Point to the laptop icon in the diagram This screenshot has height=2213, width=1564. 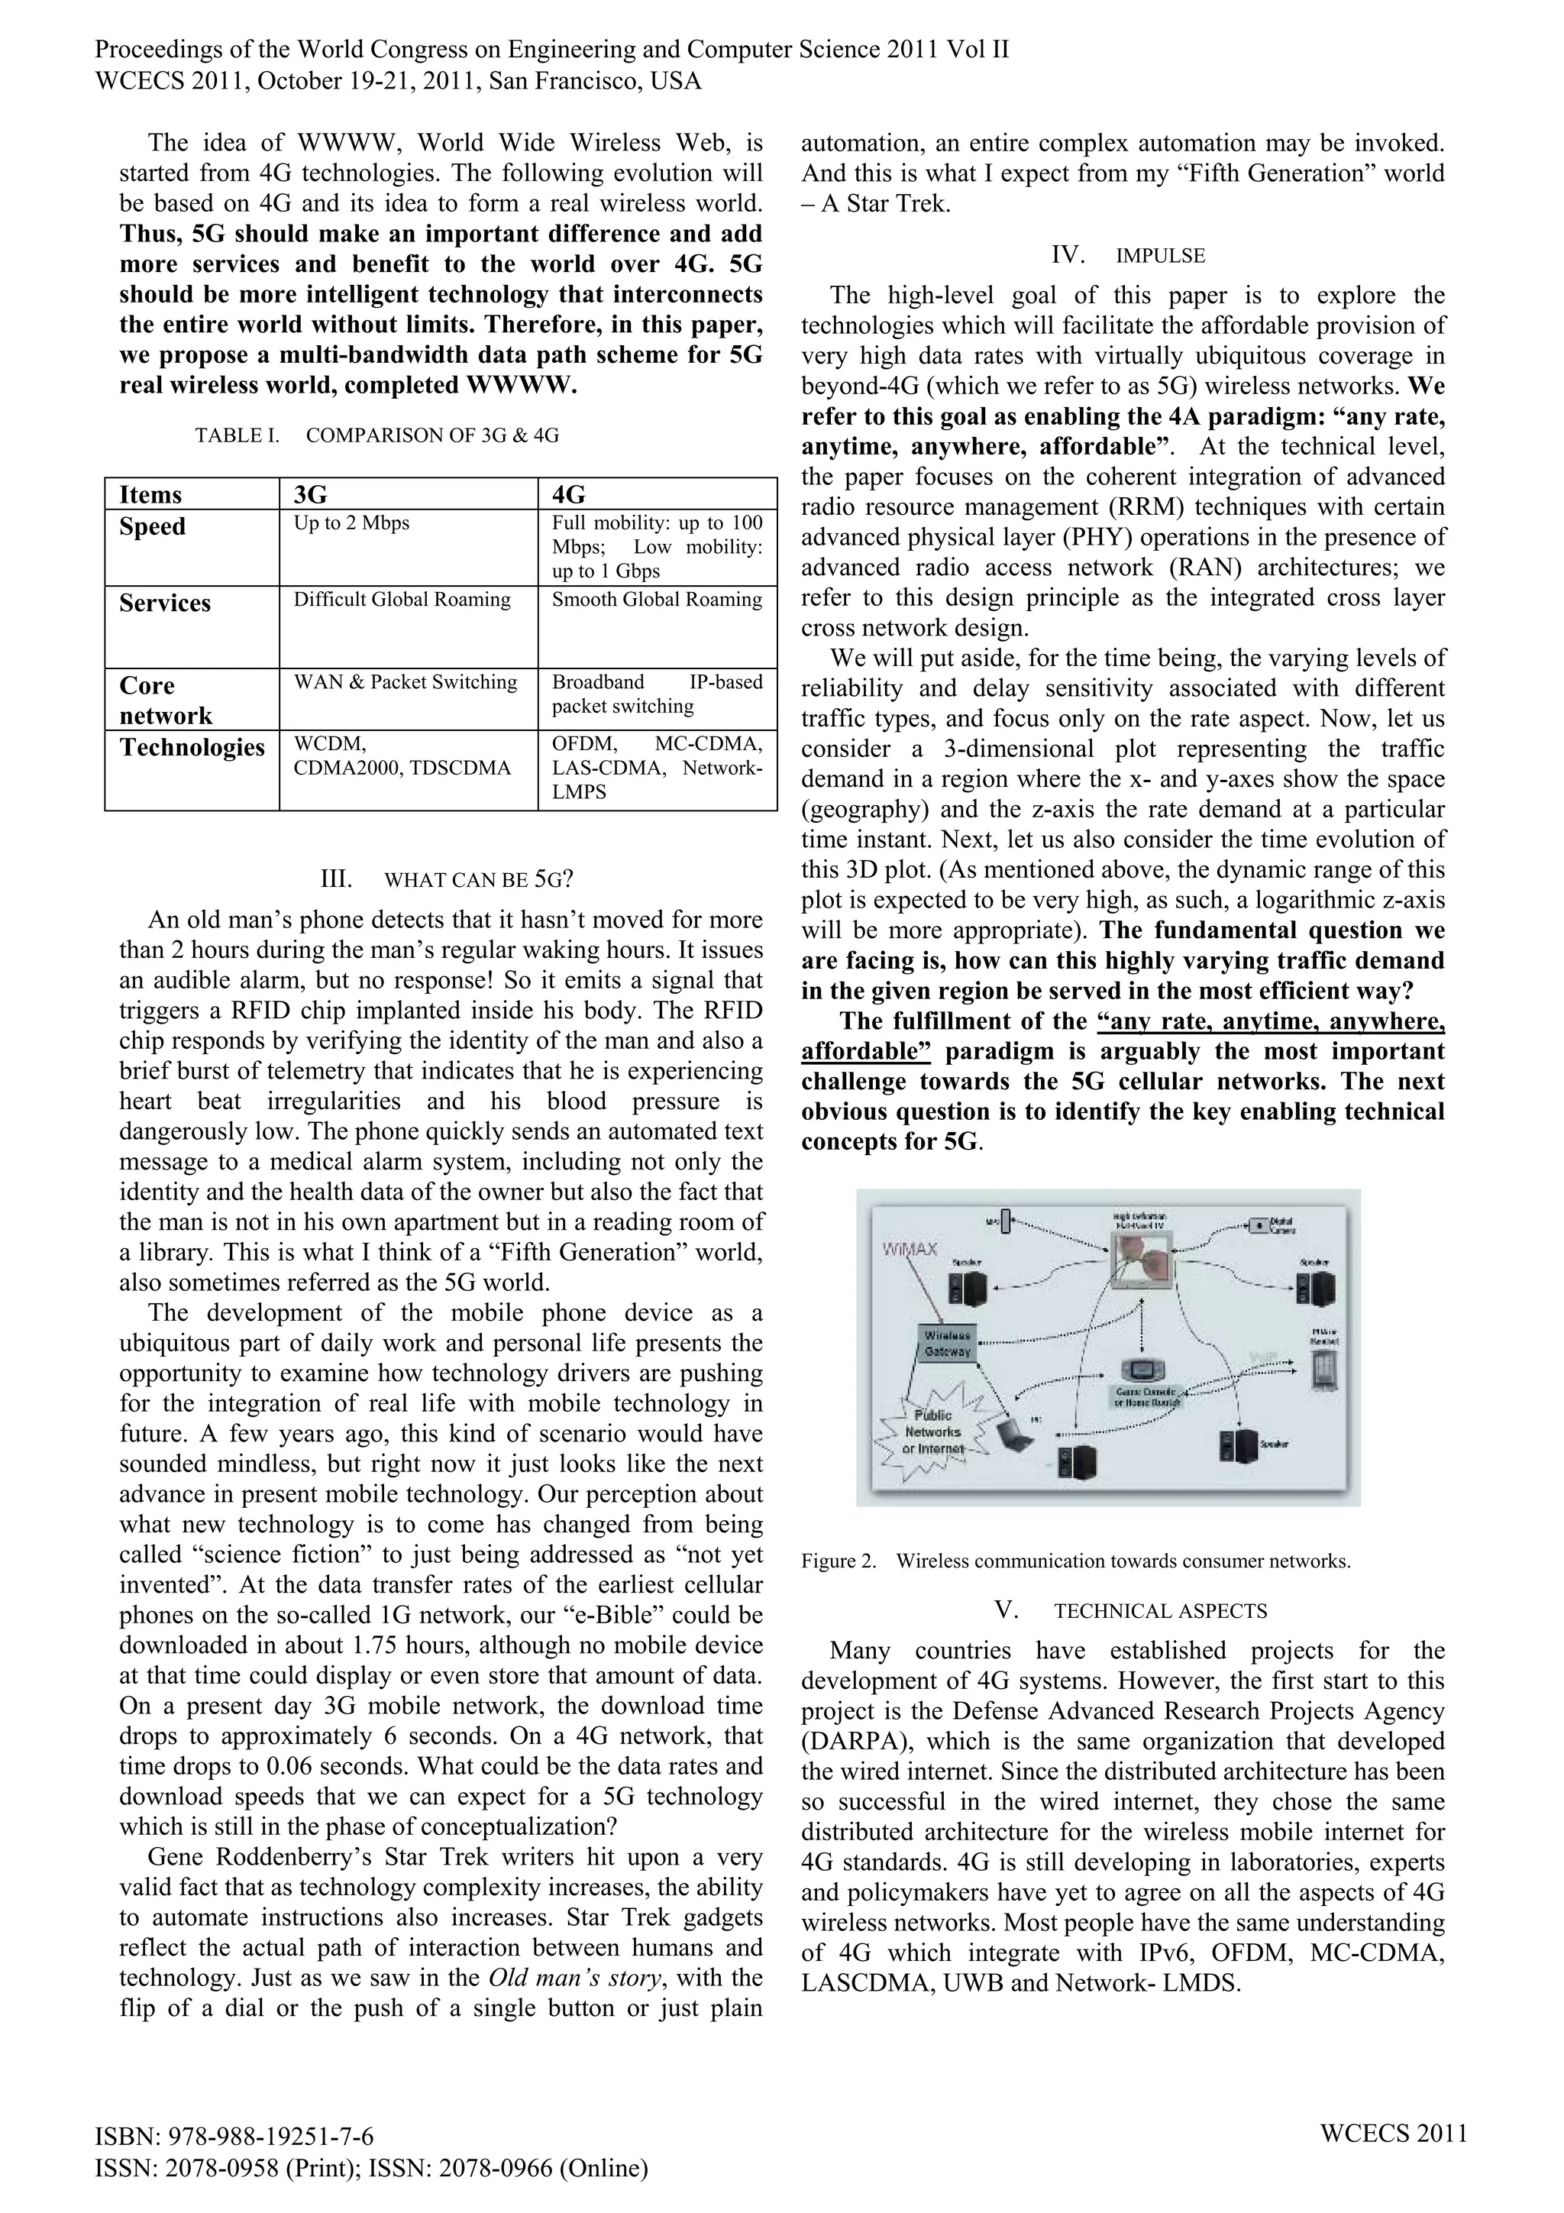[x=1015, y=1437]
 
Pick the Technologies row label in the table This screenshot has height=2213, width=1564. [x=192, y=748]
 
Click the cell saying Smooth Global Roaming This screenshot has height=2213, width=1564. [x=656, y=600]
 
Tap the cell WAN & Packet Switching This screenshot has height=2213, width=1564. [x=405, y=682]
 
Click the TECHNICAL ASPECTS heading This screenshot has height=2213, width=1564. [x=1159, y=1610]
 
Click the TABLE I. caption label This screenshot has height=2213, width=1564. [x=237, y=435]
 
